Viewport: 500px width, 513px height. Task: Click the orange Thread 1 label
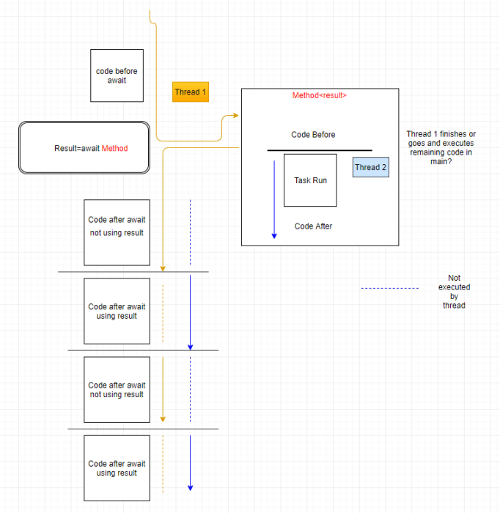click(x=191, y=92)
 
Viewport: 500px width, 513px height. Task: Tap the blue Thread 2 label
click(x=370, y=167)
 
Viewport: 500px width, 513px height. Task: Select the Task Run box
click(x=310, y=180)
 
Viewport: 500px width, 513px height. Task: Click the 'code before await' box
click(x=117, y=75)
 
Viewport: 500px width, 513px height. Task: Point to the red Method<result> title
click(x=320, y=96)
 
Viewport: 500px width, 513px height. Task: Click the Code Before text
click(x=313, y=135)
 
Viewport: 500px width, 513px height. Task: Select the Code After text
click(x=313, y=226)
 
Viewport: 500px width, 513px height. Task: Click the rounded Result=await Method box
click(x=84, y=148)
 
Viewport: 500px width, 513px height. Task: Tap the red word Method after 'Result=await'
click(x=114, y=149)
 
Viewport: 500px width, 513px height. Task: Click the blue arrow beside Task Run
click(x=274, y=198)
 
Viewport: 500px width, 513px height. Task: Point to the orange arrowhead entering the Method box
click(x=235, y=116)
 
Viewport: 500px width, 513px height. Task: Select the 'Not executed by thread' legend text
click(x=454, y=292)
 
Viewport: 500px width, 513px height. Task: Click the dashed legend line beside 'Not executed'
click(x=389, y=289)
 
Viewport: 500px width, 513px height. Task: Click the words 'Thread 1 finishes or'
click(x=441, y=134)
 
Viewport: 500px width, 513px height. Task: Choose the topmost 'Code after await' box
click(x=117, y=232)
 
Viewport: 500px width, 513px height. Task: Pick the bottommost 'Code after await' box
click(x=117, y=468)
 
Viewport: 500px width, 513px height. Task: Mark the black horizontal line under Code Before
click(x=319, y=150)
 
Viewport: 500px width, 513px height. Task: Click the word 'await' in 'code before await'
click(x=117, y=81)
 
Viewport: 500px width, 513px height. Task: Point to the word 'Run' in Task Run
click(x=320, y=180)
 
